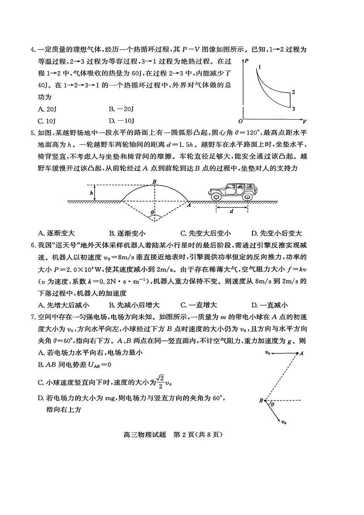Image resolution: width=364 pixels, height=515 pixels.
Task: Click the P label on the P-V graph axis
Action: [247, 61]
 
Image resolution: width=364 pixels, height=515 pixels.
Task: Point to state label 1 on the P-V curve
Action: [260, 67]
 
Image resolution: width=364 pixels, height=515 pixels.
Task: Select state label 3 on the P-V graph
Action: [294, 109]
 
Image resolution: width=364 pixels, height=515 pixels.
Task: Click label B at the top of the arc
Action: [154, 181]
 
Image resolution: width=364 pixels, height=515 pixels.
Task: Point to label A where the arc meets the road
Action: [189, 205]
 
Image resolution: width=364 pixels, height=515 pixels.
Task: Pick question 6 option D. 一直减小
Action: [269, 305]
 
